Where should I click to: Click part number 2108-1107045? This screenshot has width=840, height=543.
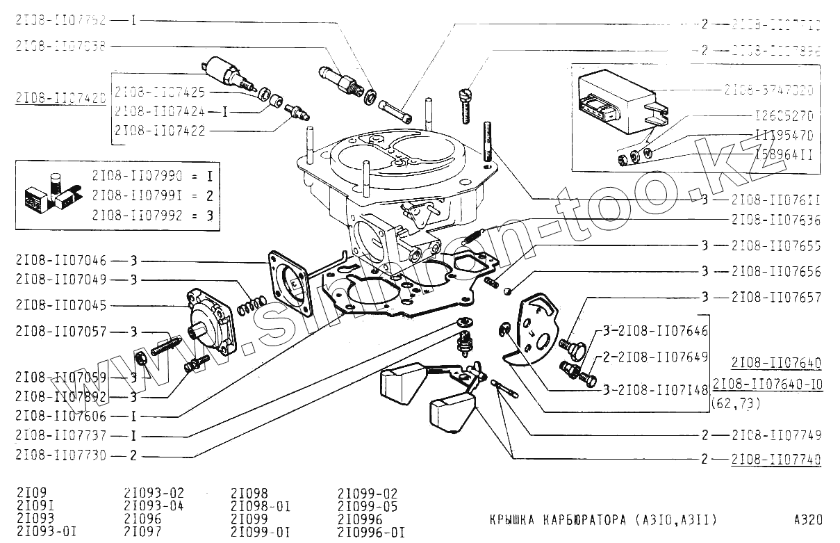(x=60, y=306)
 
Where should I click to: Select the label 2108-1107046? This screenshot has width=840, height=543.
(x=60, y=261)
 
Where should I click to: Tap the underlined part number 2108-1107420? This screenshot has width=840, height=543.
(x=60, y=98)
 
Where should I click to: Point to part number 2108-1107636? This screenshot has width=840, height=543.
(x=775, y=220)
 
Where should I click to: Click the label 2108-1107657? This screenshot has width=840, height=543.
(x=775, y=297)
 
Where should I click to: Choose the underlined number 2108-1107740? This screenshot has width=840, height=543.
(x=775, y=459)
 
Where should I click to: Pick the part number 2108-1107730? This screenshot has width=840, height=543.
(x=60, y=456)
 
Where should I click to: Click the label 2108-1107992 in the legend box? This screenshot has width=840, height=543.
(x=135, y=215)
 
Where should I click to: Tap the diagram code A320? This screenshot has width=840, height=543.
(x=808, y=519)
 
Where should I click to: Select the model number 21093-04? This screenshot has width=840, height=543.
(x=154, y=505)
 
